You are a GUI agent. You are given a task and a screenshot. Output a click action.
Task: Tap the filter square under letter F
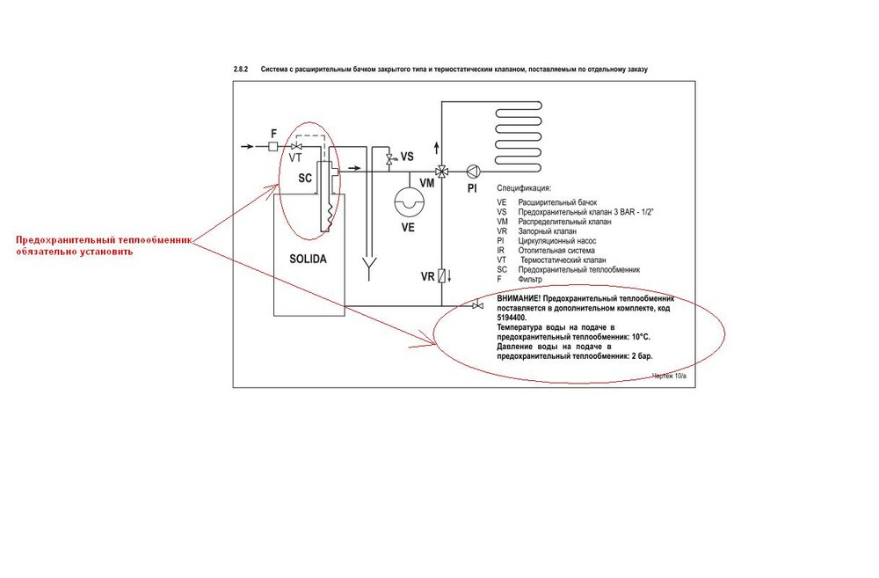(272, 146)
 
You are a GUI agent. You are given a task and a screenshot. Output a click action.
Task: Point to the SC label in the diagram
(305, 178)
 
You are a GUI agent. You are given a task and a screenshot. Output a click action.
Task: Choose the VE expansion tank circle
(408, 201)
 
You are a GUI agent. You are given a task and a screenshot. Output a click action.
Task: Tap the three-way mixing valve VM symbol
(441, 172)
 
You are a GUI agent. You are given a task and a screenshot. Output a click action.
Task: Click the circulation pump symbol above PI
(472, 172)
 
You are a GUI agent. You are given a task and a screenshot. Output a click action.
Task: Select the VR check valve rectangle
(441, 276)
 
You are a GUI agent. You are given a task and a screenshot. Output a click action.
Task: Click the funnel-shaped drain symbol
(370, 267)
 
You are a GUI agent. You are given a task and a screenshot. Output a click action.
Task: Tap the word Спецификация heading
(524, 188)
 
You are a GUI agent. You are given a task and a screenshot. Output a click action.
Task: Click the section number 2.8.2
(242, 69)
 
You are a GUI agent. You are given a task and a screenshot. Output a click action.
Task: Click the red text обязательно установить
(73, 252)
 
